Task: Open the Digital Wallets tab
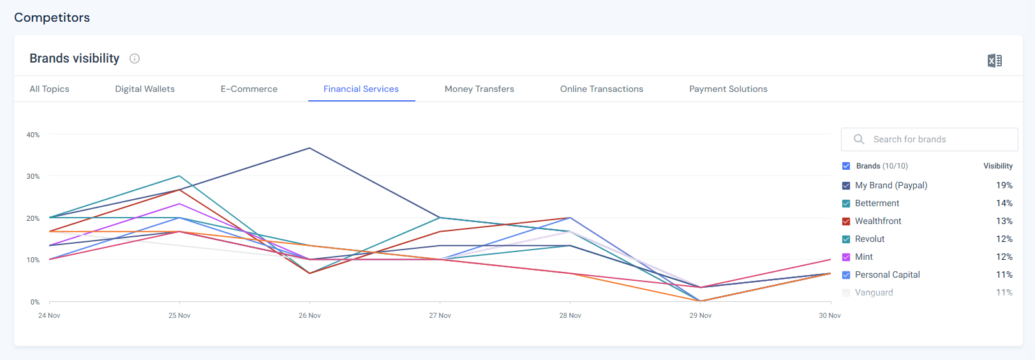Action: point(145,89)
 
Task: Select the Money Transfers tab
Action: point(479,89)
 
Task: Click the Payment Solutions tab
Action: point(728,89)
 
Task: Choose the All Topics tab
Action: point(49,89)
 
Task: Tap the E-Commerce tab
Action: point(249,89)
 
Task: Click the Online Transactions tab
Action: point(601,89)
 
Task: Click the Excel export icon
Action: point(994,61)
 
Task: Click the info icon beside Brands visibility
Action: point(135,59)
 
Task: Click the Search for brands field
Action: point(929,139)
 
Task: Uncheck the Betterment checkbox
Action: point(846,204)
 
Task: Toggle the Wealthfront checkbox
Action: point(846,221)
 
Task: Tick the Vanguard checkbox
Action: point(846,293)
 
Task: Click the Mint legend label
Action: point(863,257)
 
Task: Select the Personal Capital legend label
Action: point(887,274)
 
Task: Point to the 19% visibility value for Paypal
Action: point(1004,185)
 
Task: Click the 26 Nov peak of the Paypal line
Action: point(309,148)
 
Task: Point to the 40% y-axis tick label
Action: point(33,135)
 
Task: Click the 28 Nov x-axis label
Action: point(570,315)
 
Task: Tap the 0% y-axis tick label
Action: point(35,302)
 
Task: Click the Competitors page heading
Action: point(52,18)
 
